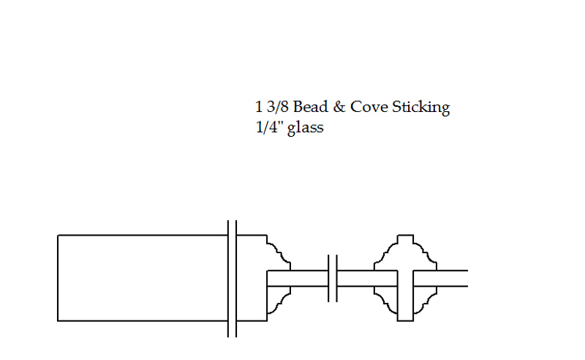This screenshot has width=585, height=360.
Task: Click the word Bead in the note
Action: pos(310,107)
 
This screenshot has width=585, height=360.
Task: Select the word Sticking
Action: pos(421,108)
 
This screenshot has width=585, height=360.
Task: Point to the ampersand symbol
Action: pos(339,107)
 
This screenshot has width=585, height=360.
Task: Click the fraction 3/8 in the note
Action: pos(278,107)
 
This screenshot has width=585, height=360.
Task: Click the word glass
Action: pos(305,129)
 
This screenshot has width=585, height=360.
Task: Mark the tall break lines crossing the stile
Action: pos(232,279)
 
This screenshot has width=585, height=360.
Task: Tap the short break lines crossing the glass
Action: pos(333,278)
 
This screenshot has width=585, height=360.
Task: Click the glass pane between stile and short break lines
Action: pos(298,278)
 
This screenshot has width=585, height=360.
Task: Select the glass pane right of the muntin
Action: pos(441,278)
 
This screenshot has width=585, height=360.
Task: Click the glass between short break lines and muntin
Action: pos(367,278)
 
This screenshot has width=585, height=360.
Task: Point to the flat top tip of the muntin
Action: pos(406,236)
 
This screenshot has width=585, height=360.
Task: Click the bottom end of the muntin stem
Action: pos(406,320)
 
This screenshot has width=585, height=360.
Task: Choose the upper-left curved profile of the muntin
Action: pos(386,252)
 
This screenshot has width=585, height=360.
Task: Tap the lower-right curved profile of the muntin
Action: pos(426,304)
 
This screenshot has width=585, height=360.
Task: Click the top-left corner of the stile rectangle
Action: pos(58,236)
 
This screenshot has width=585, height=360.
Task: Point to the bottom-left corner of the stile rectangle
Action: pos(58,320)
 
